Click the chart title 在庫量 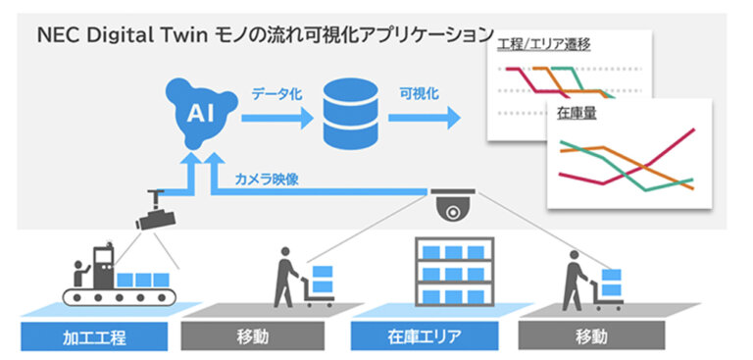tap(577, 114)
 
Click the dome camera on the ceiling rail tap(452, 207)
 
